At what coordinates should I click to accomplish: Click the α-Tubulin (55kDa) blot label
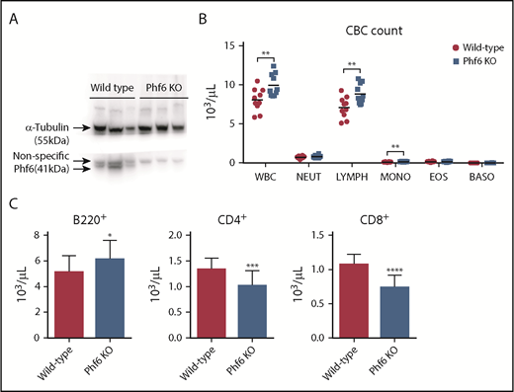click(x=50, y=133)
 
